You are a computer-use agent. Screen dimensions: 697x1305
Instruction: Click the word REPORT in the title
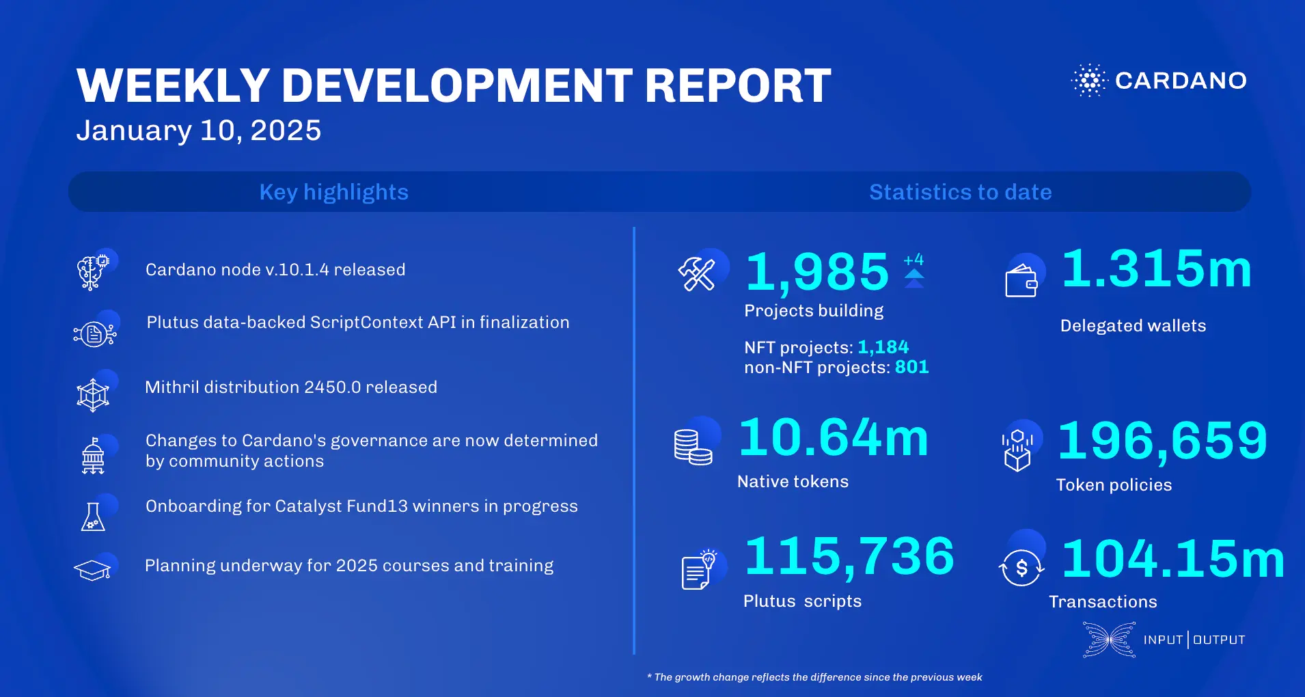click(x=738, y=86)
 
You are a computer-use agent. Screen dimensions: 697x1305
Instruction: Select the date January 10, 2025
click(x=198, y=131)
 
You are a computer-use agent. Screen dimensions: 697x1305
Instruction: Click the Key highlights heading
click(x=333, y=192)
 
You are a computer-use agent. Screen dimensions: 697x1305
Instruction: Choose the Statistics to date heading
click(x=960, y=192)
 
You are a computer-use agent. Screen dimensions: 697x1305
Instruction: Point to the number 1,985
click(x=816, y=272)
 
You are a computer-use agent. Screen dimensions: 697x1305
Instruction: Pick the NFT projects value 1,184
click(x=883, y=347)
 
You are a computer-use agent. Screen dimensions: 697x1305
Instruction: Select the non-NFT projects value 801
click(x=911, y=367)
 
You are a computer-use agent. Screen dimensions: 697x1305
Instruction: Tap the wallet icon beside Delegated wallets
click(x=1021, y=280)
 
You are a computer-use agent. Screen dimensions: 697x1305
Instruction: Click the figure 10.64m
click(x=834, y=437)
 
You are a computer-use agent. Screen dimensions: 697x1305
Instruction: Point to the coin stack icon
click(x=692, y=447)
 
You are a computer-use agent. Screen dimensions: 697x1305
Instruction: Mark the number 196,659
click(x=1162, y=441)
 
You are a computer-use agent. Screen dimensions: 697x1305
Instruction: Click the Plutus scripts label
click(x=802, y=601)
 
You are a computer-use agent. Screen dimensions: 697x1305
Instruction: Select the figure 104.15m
click(x=1173, y=559)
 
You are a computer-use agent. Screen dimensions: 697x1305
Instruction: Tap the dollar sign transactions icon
click(x=1021, y=567)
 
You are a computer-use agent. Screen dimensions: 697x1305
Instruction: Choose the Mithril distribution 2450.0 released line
click(x=291, y=387)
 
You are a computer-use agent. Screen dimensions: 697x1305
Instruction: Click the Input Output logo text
click(x=1194, y=640)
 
